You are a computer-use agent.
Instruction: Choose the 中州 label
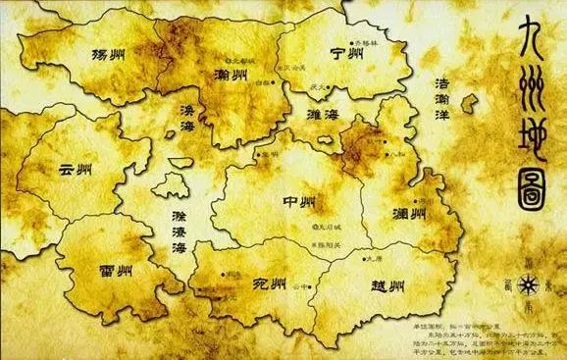click(x=298, y=203)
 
